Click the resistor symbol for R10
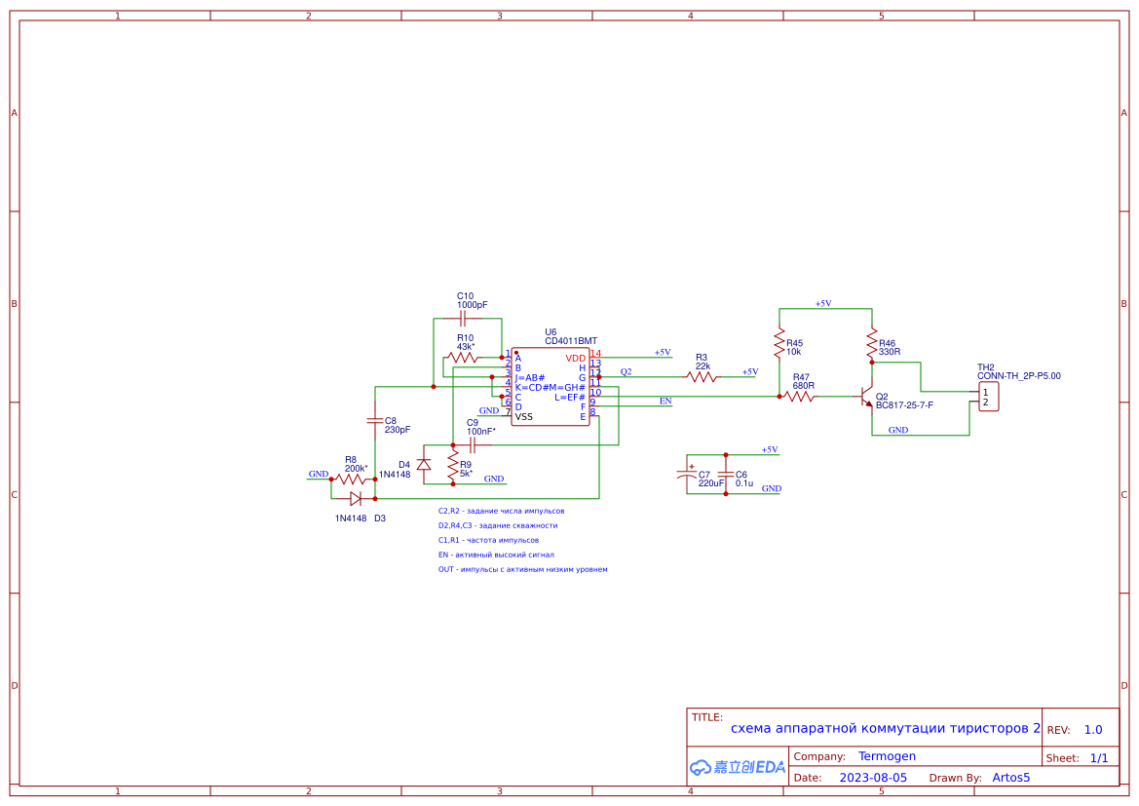[x=465, y=358]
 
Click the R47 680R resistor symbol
[x=801, y=397]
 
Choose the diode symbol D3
[x=356, y=499]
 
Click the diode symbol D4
[x=424, y=464]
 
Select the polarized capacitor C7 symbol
[x=687, y=476]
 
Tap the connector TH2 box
[x=989, y=397]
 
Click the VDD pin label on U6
[x=576, y=359]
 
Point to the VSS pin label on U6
[x=524, y=417]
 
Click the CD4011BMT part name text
[x=571, y=341]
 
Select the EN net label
[x=665, y=401]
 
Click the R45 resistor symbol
[x=779, y=342]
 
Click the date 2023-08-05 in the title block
[x=873, y=778]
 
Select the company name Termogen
[x=887, y=756]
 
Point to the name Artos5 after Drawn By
[x=1010, y=778]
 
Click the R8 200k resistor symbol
[x=351, y=479]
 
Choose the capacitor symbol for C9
[x=473, y=444]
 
